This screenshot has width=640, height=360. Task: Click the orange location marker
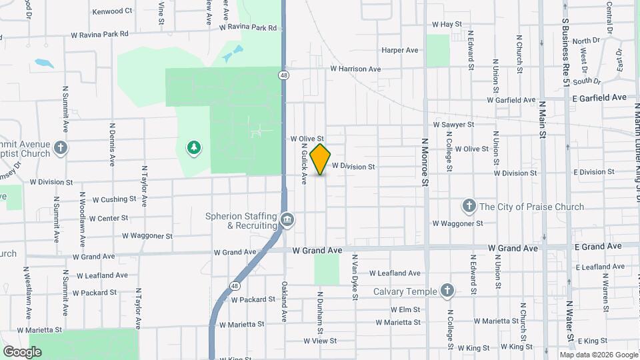click(x=321, y=159)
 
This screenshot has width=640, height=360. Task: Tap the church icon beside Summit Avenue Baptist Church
click(x=61, y=147)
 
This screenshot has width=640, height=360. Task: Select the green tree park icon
click(x=194, y=147)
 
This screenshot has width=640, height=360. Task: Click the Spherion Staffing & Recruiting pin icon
click(x=287, y=219)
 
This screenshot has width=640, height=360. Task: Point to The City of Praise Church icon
click(x=469, y=206)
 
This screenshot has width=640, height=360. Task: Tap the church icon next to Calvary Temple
click(x=447, y=291)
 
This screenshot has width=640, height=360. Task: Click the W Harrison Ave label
click(x=355, y=69)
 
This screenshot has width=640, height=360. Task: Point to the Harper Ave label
click(x=399, y=50)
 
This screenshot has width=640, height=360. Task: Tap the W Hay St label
click(x=447, y=24)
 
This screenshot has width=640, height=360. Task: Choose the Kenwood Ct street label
click(x=112, y=11)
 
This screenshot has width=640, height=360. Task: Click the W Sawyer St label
click(x=453, y=124)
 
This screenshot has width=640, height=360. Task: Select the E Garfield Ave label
click(x=599, y=97)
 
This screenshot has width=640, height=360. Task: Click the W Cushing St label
click(x=114, y=199)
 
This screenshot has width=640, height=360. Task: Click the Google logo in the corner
click(x=23, y=352)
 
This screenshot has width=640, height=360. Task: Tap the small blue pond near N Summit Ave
click(x=44, y=63)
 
